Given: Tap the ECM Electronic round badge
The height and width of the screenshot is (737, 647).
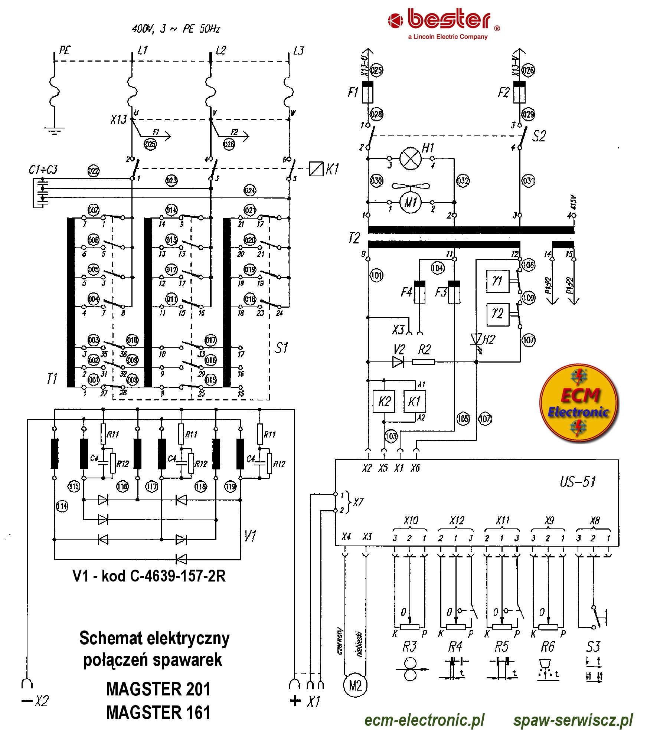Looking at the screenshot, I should tap(579, 403).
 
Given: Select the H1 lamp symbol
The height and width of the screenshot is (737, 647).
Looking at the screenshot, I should tap(411, 158).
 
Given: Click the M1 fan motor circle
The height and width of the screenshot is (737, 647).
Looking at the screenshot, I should tap(411, 202).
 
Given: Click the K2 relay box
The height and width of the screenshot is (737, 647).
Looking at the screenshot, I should tap(384, 401).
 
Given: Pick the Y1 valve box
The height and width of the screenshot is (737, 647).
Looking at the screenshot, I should tap(497, 281).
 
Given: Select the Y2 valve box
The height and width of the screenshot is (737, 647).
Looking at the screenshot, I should tap(497, 314).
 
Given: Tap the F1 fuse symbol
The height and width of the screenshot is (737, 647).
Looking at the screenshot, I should tap(367, 92).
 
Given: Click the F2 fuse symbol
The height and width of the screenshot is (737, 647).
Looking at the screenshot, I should tap(519, 92).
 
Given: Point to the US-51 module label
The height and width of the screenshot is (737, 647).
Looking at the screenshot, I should tap(578, 482).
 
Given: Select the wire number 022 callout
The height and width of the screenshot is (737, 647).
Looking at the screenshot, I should tap(94, 171).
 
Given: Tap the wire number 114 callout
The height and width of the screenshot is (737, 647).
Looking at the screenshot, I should tap(62, 506).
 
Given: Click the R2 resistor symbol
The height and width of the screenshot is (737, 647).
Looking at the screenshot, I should tap(423, 361).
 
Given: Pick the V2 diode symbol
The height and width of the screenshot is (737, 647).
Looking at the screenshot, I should tap(398, 361).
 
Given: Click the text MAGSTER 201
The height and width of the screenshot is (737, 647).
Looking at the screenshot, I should tap(158, 689).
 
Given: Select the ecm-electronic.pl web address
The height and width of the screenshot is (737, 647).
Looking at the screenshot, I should tap(424, 720).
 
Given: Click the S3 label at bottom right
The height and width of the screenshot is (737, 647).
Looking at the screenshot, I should tap(593, 647).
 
